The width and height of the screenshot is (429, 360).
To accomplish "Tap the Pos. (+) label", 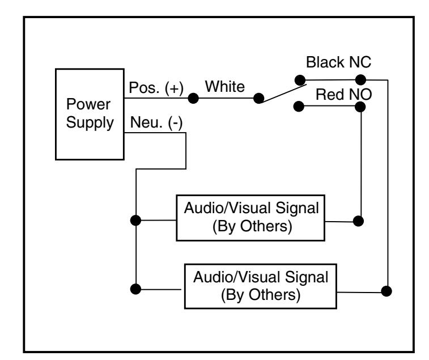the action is pos(156,88).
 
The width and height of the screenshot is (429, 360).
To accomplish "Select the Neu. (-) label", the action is pos(156,122).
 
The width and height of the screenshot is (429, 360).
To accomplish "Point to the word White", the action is pos(225,87).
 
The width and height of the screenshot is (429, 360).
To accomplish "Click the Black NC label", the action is pos(338,62).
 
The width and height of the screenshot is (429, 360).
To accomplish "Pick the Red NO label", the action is pos(343,95).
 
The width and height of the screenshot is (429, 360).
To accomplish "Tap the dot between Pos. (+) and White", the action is pos(193,98).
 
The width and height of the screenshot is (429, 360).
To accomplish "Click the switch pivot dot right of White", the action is pos(258,98).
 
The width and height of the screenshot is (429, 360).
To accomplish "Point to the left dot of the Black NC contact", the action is pos(300,80).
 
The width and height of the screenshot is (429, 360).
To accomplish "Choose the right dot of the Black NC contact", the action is pos(360,80).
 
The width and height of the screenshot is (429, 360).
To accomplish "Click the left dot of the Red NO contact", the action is pos(299,106).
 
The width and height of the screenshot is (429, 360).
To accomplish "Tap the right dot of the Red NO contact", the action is pos(360,107).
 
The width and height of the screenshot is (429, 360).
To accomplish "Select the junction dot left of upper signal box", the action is pos(135,221).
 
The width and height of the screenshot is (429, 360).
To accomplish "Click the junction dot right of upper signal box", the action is pos(358,221).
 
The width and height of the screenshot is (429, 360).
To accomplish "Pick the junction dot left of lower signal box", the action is pos(135,289).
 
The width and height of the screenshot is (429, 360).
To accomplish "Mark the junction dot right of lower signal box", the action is pos(386,291).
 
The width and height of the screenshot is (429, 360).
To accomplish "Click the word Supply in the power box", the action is pos(90,122).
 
